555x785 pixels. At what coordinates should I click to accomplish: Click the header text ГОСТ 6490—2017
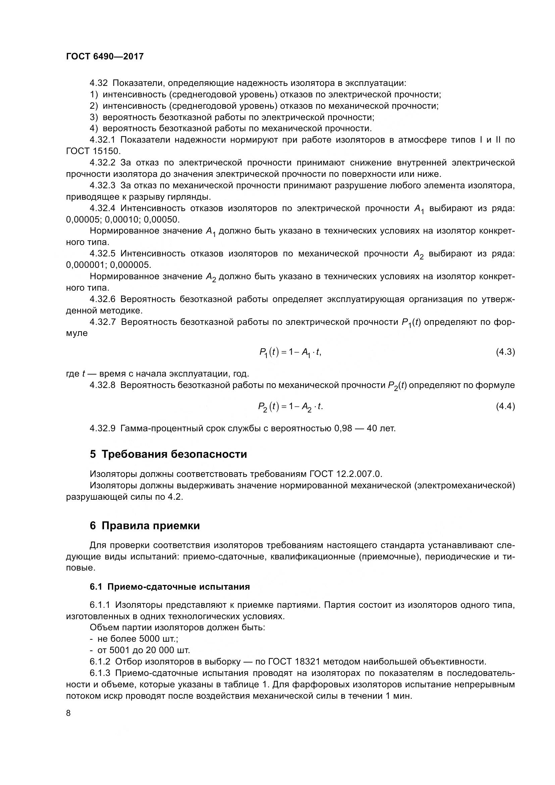click(105, 56)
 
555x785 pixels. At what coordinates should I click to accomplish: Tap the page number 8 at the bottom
click(68, 713)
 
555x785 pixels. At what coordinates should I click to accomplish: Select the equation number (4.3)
click(505, 352)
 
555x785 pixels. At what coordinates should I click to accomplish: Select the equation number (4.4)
click(505, 406)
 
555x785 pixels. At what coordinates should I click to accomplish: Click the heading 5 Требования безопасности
click(168, 454)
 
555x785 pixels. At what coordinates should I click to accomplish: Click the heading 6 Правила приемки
click(145, 526)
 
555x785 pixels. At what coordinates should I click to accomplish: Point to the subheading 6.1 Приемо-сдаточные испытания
click(169, 587)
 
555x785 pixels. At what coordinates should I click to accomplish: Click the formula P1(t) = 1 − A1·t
click(290, 352)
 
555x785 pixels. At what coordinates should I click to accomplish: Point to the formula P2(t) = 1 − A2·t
click(290, 407)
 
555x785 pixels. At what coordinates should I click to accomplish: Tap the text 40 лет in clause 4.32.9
click(381, 428)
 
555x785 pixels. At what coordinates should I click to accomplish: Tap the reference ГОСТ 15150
click(92, 151)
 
